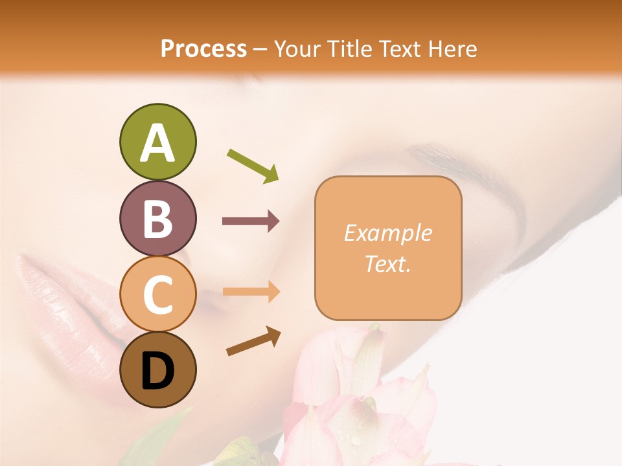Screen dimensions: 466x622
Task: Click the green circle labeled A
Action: pyautogui.click(x=157, y=142)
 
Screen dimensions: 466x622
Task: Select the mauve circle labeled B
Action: pyautogui.click(x=157, y=218)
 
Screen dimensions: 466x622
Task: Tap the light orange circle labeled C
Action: pyautogui.click(x=157, y=294)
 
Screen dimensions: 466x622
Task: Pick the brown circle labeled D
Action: pyautogui.click(x=157, y=370)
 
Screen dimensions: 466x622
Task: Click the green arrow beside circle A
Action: pyautogui.click(x=253, y=165)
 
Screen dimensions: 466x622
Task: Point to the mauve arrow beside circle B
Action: pyautogui.click(x=251, y=221)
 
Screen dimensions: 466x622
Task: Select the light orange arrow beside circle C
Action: pyautogui.click(x=251, y=292)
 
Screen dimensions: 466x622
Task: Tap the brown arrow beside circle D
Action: pyautogui.click(x=253, y=341)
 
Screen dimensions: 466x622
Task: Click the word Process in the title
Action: pyautogui.click(x=203, y=49)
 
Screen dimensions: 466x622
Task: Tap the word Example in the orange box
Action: pyautogui.click(x=387, y=233)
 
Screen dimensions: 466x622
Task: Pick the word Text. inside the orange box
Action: pyautogui.click(x=387, y=263)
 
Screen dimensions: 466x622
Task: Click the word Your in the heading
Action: pyautogui.click(x=299, y=49)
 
